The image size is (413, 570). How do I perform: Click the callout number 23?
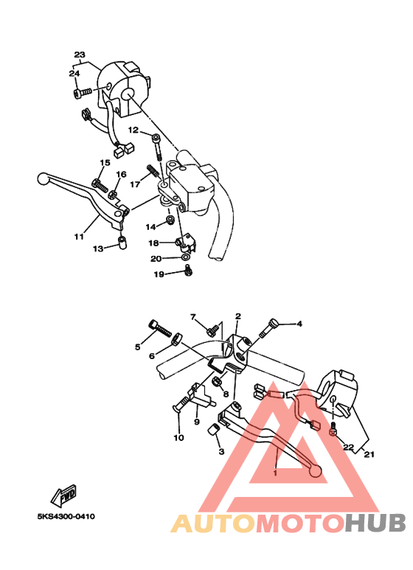point(80,55)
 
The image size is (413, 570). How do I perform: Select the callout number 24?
point(74,73)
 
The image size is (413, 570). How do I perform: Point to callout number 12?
point(133,130)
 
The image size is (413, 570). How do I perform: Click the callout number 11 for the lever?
point(78,237)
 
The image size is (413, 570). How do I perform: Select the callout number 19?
point(159,274)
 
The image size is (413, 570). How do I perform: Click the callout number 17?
point(135,184)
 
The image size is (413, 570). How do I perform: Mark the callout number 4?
point(299,324)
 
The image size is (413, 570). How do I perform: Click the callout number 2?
point(238,316)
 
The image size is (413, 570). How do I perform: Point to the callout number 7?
point(194,317)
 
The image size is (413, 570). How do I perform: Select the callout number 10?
point(178,438)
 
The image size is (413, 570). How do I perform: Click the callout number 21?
point(368,454)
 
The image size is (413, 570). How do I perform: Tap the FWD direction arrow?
point(64,494)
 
